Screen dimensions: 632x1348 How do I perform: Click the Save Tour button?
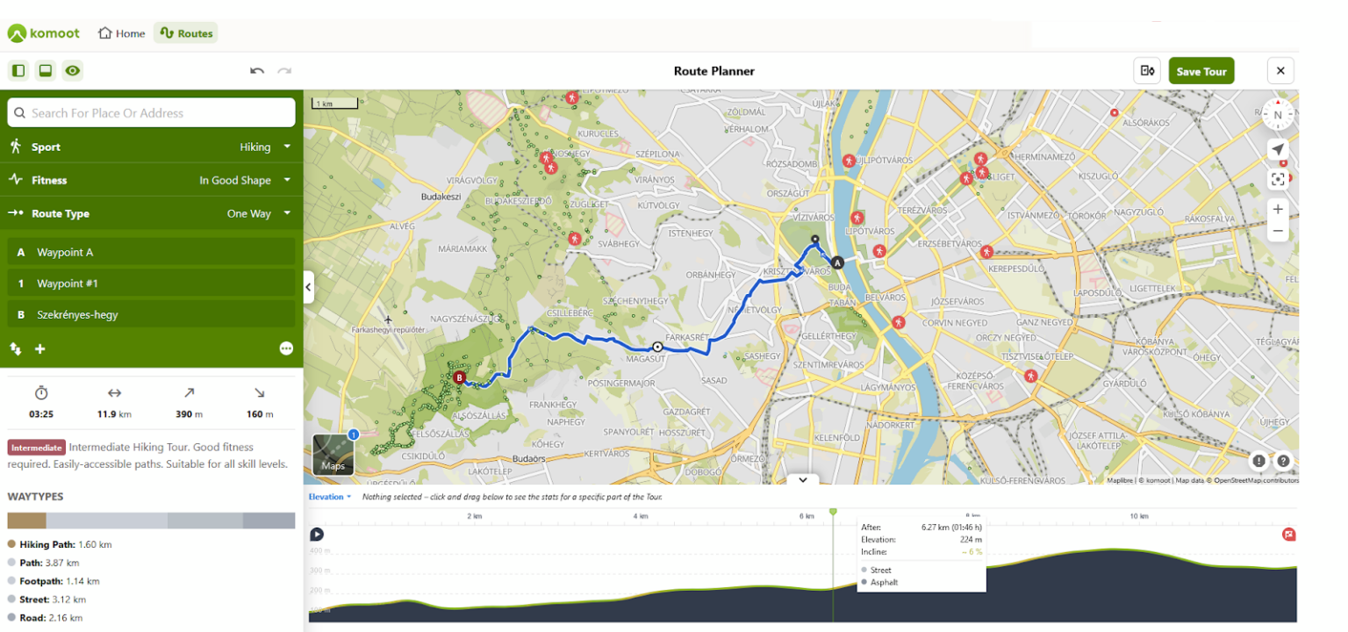(1201, 71)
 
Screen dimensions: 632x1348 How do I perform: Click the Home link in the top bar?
(121, 33)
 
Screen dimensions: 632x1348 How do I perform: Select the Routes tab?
(185, 33)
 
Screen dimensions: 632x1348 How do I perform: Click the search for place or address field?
(151, 112)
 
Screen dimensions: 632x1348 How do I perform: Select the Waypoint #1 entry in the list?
(151, 284)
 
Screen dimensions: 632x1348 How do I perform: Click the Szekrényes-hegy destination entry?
(151, 314)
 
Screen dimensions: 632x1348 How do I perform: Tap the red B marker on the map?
(459, 378)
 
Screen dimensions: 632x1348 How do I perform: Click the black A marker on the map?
(837, 262)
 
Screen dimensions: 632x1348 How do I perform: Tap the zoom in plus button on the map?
(1278, 209)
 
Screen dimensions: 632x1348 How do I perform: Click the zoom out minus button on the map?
(1278, 231)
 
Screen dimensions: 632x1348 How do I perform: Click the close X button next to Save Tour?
(1280, 71)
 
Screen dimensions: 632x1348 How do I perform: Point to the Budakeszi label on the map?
(441, 197)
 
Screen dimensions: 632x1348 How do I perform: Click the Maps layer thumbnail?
(333, 455)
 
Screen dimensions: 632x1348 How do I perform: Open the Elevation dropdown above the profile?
(329, 497)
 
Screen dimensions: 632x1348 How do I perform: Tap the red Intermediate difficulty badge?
(37, 447)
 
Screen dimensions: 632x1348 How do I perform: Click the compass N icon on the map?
(1278, 114)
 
